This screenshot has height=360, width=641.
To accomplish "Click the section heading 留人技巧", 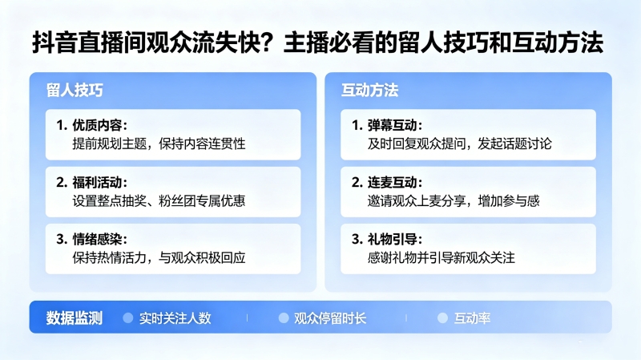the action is (75, 90).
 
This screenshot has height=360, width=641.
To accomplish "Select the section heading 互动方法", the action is (369, 90).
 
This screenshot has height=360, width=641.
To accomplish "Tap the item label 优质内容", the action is (97, 125).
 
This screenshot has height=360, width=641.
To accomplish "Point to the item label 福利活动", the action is (97, 182).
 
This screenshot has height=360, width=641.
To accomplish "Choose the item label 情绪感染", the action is (97, 239).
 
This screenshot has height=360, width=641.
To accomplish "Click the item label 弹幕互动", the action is (392, 125).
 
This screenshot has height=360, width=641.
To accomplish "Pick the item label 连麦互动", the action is (392, 182).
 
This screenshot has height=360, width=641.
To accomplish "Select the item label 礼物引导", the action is (392, 239).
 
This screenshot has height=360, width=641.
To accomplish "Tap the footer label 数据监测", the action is (74, 318).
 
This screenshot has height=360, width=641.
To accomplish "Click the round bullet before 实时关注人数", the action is (128, 318).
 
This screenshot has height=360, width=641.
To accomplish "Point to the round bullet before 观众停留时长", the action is (284, 318).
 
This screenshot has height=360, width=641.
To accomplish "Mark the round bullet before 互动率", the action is (442, 318).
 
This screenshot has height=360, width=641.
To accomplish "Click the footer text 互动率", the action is (472, 318).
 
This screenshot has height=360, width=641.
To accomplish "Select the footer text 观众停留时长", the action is (330, 318).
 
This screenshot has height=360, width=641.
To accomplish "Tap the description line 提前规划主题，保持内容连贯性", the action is (159, 144).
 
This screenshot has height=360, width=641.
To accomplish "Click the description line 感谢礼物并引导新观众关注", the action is (441, 257).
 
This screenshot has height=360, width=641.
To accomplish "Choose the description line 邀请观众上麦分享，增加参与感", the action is (454, 201).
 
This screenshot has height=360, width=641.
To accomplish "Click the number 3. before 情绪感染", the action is (62, 239).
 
